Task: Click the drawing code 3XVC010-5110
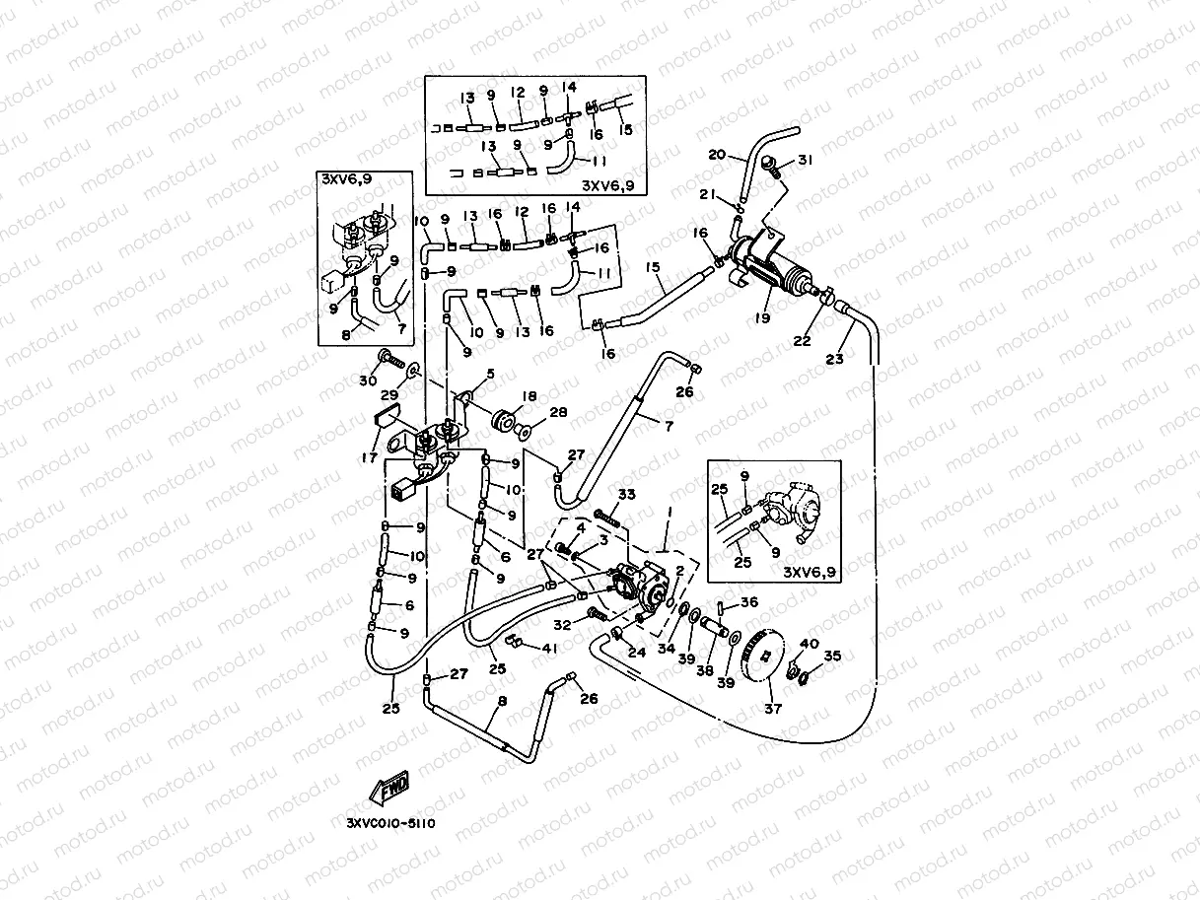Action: [x=391, y=822]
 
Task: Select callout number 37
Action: [x=772, y=708]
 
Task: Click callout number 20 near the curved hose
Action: [x=717, y=155]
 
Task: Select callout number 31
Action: [x=806, y=161]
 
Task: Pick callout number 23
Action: [x=835, y=359]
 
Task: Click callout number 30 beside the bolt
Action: [x=368, y=381]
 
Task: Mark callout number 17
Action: [x=371, y=456]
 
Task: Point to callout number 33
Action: [x=625, y=494]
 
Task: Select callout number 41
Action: [x=549, y=648]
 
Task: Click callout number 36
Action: [x=749, y=603]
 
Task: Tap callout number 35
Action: [x=832, y=655]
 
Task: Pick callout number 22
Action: [x=803, y=340]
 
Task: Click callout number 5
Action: [x=490, y=375]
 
